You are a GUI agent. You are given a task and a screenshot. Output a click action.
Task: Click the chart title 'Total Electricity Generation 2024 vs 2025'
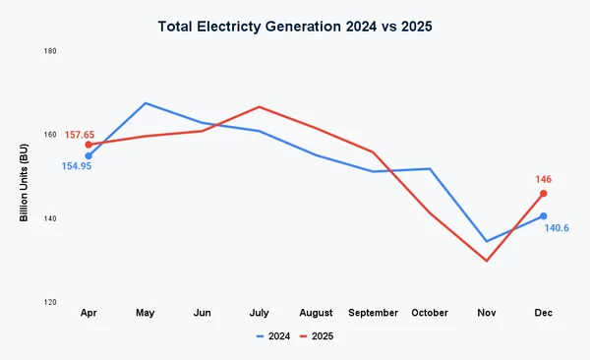(295, 26)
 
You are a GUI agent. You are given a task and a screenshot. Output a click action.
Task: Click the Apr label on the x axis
(88, 313)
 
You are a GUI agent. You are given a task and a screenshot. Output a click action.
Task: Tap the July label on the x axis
(259, 313)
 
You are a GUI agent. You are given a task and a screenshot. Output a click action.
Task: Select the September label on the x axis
(373, 313)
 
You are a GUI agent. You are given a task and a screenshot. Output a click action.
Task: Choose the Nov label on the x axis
(486, 313)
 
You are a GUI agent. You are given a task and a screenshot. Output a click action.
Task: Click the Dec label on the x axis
(543, 313)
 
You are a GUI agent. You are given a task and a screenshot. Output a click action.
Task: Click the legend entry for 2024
(273, 336)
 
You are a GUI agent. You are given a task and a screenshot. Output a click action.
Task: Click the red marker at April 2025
(88, 145)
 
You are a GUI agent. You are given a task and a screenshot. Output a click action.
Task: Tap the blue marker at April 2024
(88, 155)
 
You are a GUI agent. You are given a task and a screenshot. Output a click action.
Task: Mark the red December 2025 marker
(543, 194)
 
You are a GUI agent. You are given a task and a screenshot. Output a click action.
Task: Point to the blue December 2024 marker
(543, 216)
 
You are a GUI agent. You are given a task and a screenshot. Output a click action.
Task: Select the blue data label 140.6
(557, 228)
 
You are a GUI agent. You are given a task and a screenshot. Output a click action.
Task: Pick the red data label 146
(543, 180)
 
